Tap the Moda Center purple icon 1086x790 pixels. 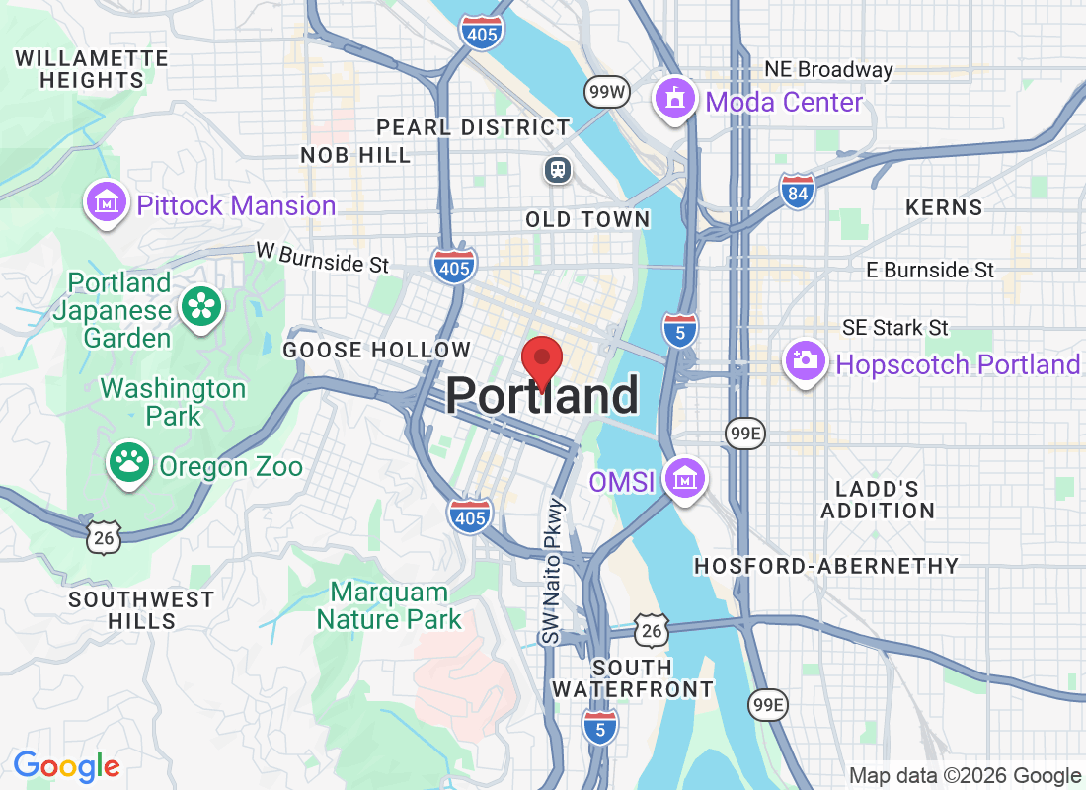[674, 99]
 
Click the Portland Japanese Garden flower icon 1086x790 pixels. [202, 306]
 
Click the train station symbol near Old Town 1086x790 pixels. [559, 170]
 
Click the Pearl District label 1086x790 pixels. [474, 127]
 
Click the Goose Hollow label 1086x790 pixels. [377, 350]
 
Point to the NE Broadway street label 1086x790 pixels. [829, 70]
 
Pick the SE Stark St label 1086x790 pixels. [895, 327]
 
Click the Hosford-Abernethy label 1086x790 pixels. [825, 566]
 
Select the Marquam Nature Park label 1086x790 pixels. [389, 606]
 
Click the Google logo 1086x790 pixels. [66, 766]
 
